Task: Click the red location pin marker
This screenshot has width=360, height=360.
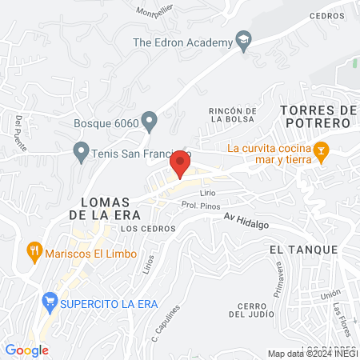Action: coord(181,163)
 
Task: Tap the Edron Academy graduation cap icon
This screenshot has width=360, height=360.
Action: coord(243,40)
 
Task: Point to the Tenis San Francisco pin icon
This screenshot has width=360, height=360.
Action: coord(80,150)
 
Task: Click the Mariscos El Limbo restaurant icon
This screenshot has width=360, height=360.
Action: coord(34,250)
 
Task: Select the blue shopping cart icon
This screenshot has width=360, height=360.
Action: coord(50,302)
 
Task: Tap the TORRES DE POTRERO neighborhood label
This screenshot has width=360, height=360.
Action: coord(317,116)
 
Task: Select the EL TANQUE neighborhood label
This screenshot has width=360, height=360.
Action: coord(303,250)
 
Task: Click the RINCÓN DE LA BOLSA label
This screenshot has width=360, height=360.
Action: coord(231,114)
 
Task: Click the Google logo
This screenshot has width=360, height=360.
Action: coord(27,350)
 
